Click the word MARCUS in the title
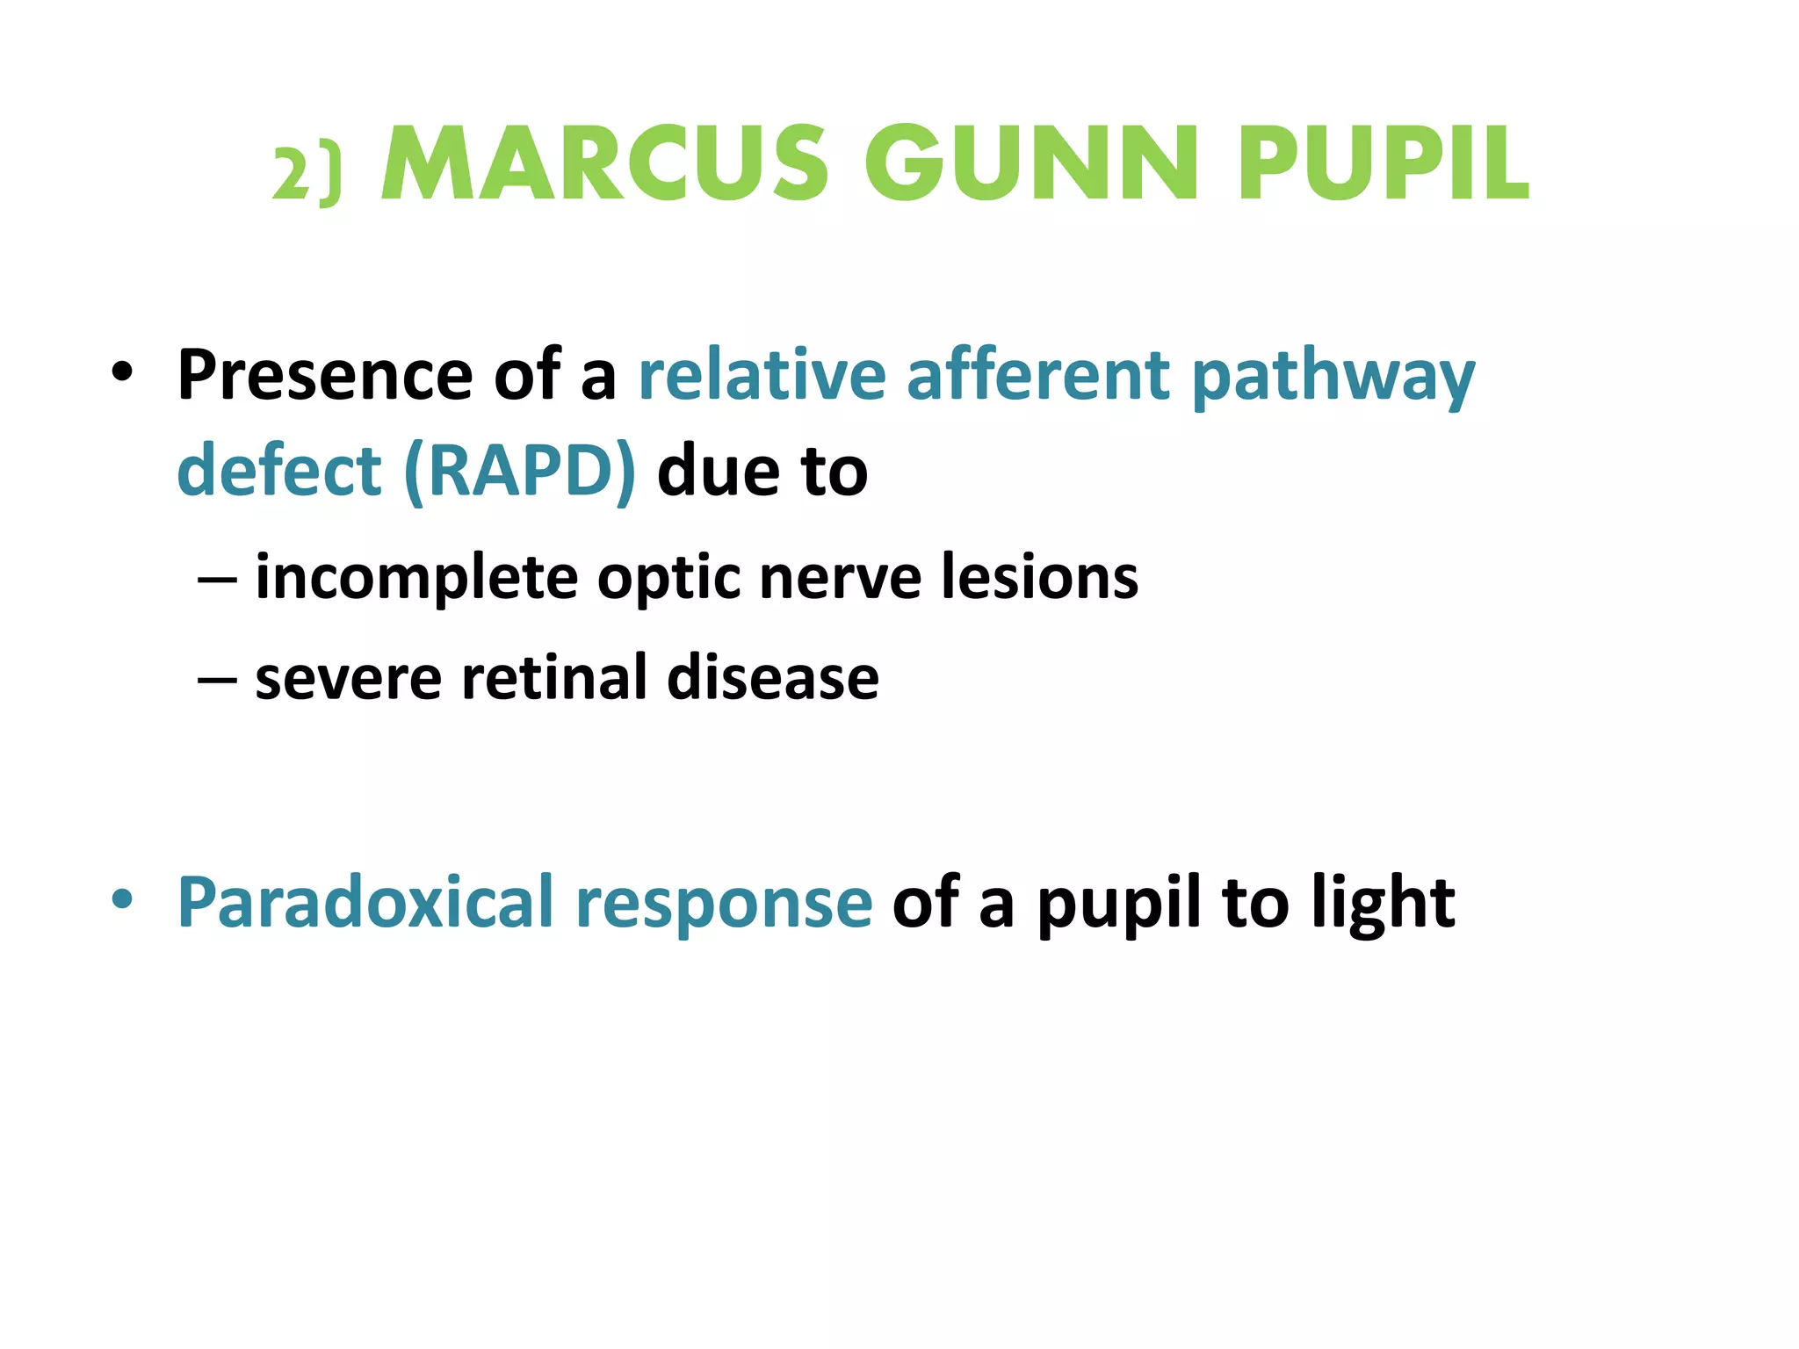[605, 164]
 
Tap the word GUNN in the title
[1031, 164]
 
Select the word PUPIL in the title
[1384, 164]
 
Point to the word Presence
[325, 375]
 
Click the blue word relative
[762, 375]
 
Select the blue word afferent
[1038, 375]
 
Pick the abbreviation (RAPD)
[520, 472]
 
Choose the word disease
[773, 677]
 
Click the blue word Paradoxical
[365, 902]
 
